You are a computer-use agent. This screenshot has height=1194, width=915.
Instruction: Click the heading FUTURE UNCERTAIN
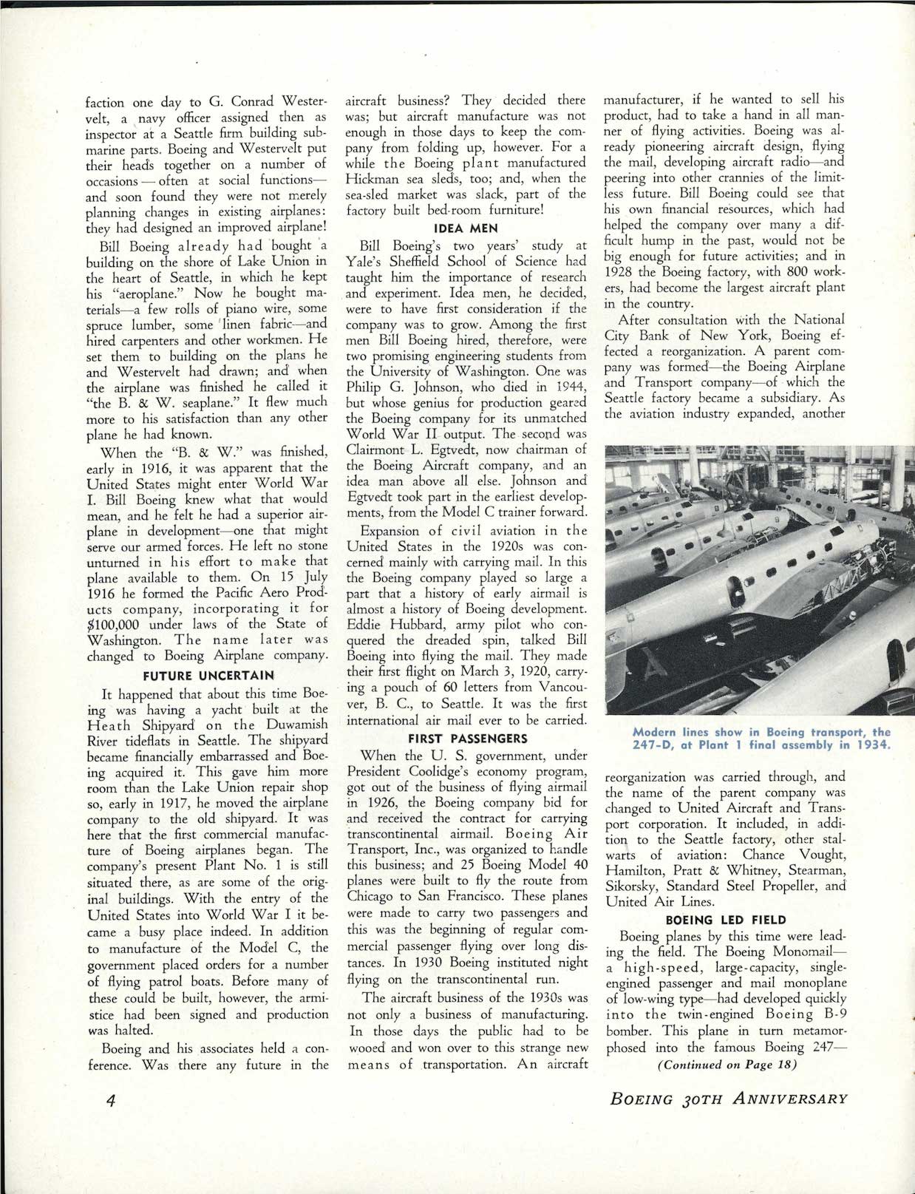(208, 675)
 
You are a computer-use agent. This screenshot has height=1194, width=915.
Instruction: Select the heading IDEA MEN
(468, 228)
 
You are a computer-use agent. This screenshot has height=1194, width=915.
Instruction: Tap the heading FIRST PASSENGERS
(468, 738)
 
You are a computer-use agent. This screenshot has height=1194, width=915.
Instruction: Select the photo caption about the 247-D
(761, 739)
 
